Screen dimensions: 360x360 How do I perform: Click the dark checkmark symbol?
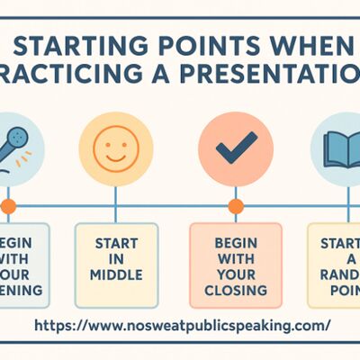[x=237, y=143]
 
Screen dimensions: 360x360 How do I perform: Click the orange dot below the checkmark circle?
[x=236, y=206]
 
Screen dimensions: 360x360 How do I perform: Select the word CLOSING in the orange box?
[x=236, y=291]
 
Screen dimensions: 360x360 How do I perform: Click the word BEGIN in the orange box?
[x=236, y=244]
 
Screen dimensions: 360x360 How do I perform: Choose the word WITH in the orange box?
[x=236, y=259]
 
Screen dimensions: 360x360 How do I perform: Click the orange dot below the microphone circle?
[x=8, y=206]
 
